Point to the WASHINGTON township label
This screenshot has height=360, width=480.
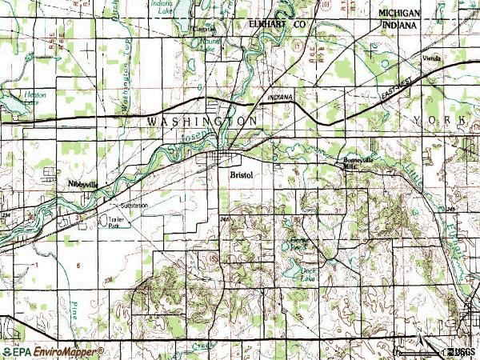click(202, 120)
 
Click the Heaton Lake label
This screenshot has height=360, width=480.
click(35, 98)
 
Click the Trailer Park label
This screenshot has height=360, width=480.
click(109, 222)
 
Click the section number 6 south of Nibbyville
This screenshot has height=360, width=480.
click(78, 264)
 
